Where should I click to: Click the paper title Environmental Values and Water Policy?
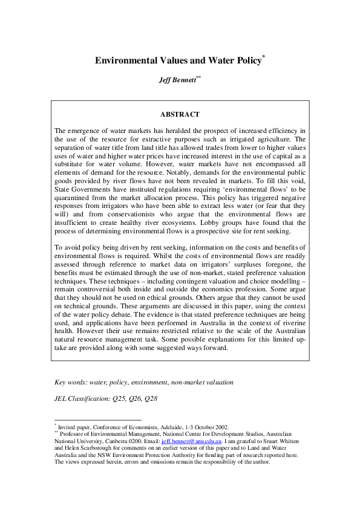point(178,60)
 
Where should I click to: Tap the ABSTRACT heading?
point(180,114)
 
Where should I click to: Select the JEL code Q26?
point(133,399)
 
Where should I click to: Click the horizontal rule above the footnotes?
point(97,419)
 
